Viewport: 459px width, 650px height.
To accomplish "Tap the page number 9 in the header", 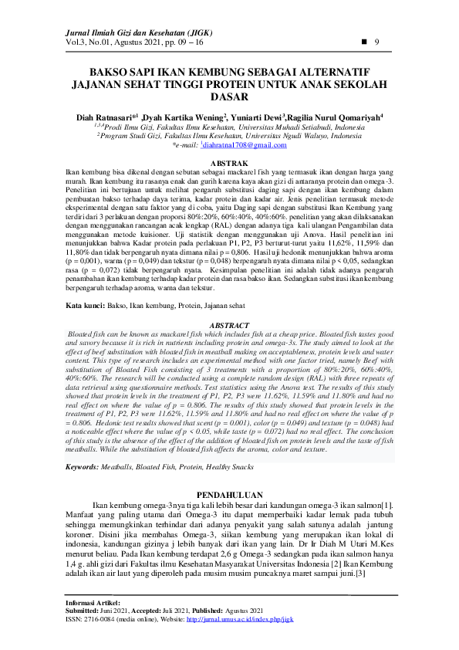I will pos(376,41).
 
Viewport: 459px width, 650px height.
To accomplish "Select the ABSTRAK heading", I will pos(229,164).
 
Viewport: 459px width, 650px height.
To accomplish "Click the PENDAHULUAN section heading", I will pos(229,494).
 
